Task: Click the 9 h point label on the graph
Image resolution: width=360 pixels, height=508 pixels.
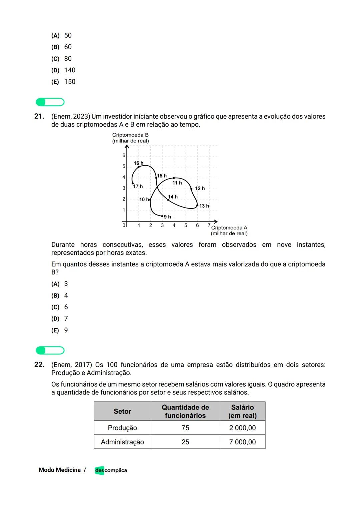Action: click(168, 217)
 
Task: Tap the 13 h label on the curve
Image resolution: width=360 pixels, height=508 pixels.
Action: click(204, 206)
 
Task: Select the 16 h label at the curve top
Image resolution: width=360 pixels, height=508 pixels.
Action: click(138, 163)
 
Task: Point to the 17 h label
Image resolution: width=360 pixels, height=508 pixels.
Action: click(138, 187)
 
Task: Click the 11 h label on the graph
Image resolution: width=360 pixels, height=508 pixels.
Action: click(177, 183)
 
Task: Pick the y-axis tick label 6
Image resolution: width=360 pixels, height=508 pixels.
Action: click(124, 156)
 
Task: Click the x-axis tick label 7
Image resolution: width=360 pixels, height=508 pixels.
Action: click(209, 225)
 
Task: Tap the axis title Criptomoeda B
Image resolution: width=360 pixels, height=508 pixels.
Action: click(130, 135)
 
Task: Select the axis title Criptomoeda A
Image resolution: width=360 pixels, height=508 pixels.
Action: click(229, 228)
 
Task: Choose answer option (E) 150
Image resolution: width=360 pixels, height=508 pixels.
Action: click(63, 82)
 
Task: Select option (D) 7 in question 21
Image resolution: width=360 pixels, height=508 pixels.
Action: click(60, 319)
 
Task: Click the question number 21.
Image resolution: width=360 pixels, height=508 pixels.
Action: click(39, 116)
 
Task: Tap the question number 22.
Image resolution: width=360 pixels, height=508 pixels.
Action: click(39, 365)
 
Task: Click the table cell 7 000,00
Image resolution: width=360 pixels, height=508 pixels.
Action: click(242, 442)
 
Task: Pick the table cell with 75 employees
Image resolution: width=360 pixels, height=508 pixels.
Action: click(185, 428)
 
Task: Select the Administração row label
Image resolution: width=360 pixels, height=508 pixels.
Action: click(122, 442)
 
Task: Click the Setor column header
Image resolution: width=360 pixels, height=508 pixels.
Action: click(122, 411)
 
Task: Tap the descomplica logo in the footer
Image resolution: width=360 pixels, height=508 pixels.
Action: click(111, 470)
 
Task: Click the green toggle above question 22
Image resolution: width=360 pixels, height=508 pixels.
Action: click(50, 350)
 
